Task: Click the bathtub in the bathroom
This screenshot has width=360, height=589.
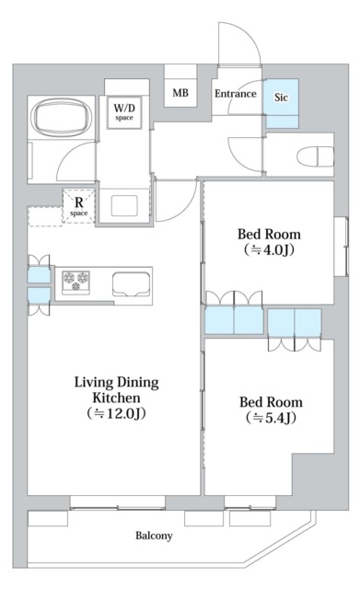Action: click(x=62, y=117)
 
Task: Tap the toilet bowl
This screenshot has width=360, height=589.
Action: click(x=315, y=156)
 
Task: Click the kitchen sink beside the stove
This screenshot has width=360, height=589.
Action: click(x=131, y=284)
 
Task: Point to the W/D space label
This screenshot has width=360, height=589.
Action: click(x=124, y=112)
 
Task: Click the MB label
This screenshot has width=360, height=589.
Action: click(x=180, y=92)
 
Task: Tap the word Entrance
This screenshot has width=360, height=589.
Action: click(x=235, y=94)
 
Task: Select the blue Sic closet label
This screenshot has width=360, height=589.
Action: click(x=281, y=98)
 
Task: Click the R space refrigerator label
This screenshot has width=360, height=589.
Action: click(x=79, y=206)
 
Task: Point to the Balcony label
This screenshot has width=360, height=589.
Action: click(x=154, y=536)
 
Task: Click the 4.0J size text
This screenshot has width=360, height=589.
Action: click(x=269, y=249)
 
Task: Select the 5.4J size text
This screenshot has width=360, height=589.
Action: click(x=271, y=417)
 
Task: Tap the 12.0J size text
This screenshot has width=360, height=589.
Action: click(x=117, y=413)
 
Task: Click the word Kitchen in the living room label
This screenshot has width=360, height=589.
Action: click(x=117, y=398)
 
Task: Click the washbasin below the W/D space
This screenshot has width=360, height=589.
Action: click(x=124, y=205)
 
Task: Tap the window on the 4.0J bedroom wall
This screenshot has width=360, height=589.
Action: click(x=342, y=247)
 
